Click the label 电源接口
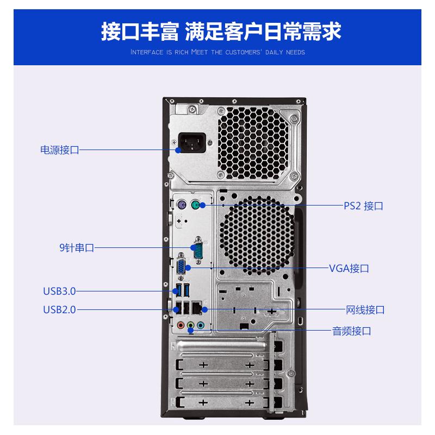click(60, 150)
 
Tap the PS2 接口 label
click(363, 206)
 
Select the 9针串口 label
click(77, 248)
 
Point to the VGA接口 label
click(349, 268)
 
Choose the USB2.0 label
click(59, 310)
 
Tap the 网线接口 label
click(365, 310)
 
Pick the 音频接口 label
click(351, 331)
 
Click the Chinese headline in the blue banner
click(221, 31)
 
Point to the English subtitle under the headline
click(217, 53)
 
